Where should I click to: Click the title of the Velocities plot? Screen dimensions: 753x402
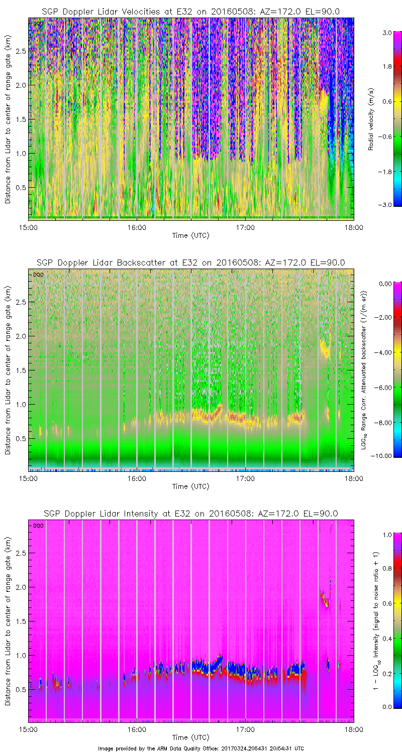point(190,11)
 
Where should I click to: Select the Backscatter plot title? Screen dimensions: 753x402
point(190,262)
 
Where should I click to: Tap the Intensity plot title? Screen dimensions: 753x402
point(190,514)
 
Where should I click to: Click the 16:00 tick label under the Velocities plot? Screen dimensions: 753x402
point(137,227)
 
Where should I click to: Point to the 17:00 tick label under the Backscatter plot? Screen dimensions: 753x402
point(245,478)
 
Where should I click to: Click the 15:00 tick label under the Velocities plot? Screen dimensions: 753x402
point(28,227)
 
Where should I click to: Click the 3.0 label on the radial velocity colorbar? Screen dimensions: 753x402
point(386,33)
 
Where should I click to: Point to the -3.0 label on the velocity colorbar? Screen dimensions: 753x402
point(386,205)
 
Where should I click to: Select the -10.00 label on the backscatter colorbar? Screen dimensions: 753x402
point(384,455)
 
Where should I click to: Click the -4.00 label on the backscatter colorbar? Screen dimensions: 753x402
point(384,352)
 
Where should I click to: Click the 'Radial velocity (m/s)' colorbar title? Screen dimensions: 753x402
point(371,118)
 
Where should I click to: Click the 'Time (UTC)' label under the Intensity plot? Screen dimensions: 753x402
point(190,737)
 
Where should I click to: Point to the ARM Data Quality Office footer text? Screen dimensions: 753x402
point(200,748)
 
